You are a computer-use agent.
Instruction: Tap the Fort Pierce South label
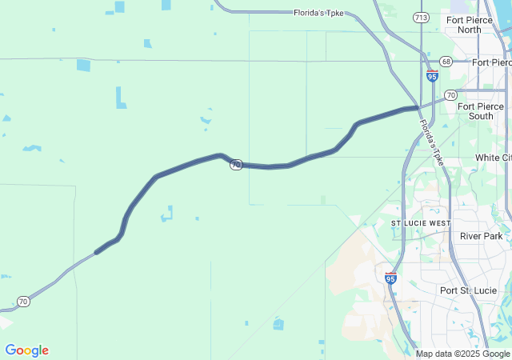481,111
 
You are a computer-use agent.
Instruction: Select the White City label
493,158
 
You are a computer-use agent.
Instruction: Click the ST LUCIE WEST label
421,222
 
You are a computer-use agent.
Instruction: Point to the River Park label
481,236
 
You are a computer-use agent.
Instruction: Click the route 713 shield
421,17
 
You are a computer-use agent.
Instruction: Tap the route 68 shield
446,62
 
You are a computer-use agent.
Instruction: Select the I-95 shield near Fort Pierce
432,76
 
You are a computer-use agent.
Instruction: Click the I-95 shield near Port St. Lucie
390,278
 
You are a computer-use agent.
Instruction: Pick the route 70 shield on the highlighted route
236,165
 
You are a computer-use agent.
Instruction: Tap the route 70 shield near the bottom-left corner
23,302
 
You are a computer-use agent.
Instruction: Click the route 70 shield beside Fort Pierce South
451,94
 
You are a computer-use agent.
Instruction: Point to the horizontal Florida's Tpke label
319,13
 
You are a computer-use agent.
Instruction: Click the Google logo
26,350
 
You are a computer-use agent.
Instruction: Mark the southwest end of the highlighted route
97,253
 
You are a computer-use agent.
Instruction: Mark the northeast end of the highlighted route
417,107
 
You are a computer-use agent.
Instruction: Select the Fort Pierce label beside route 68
491,62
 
